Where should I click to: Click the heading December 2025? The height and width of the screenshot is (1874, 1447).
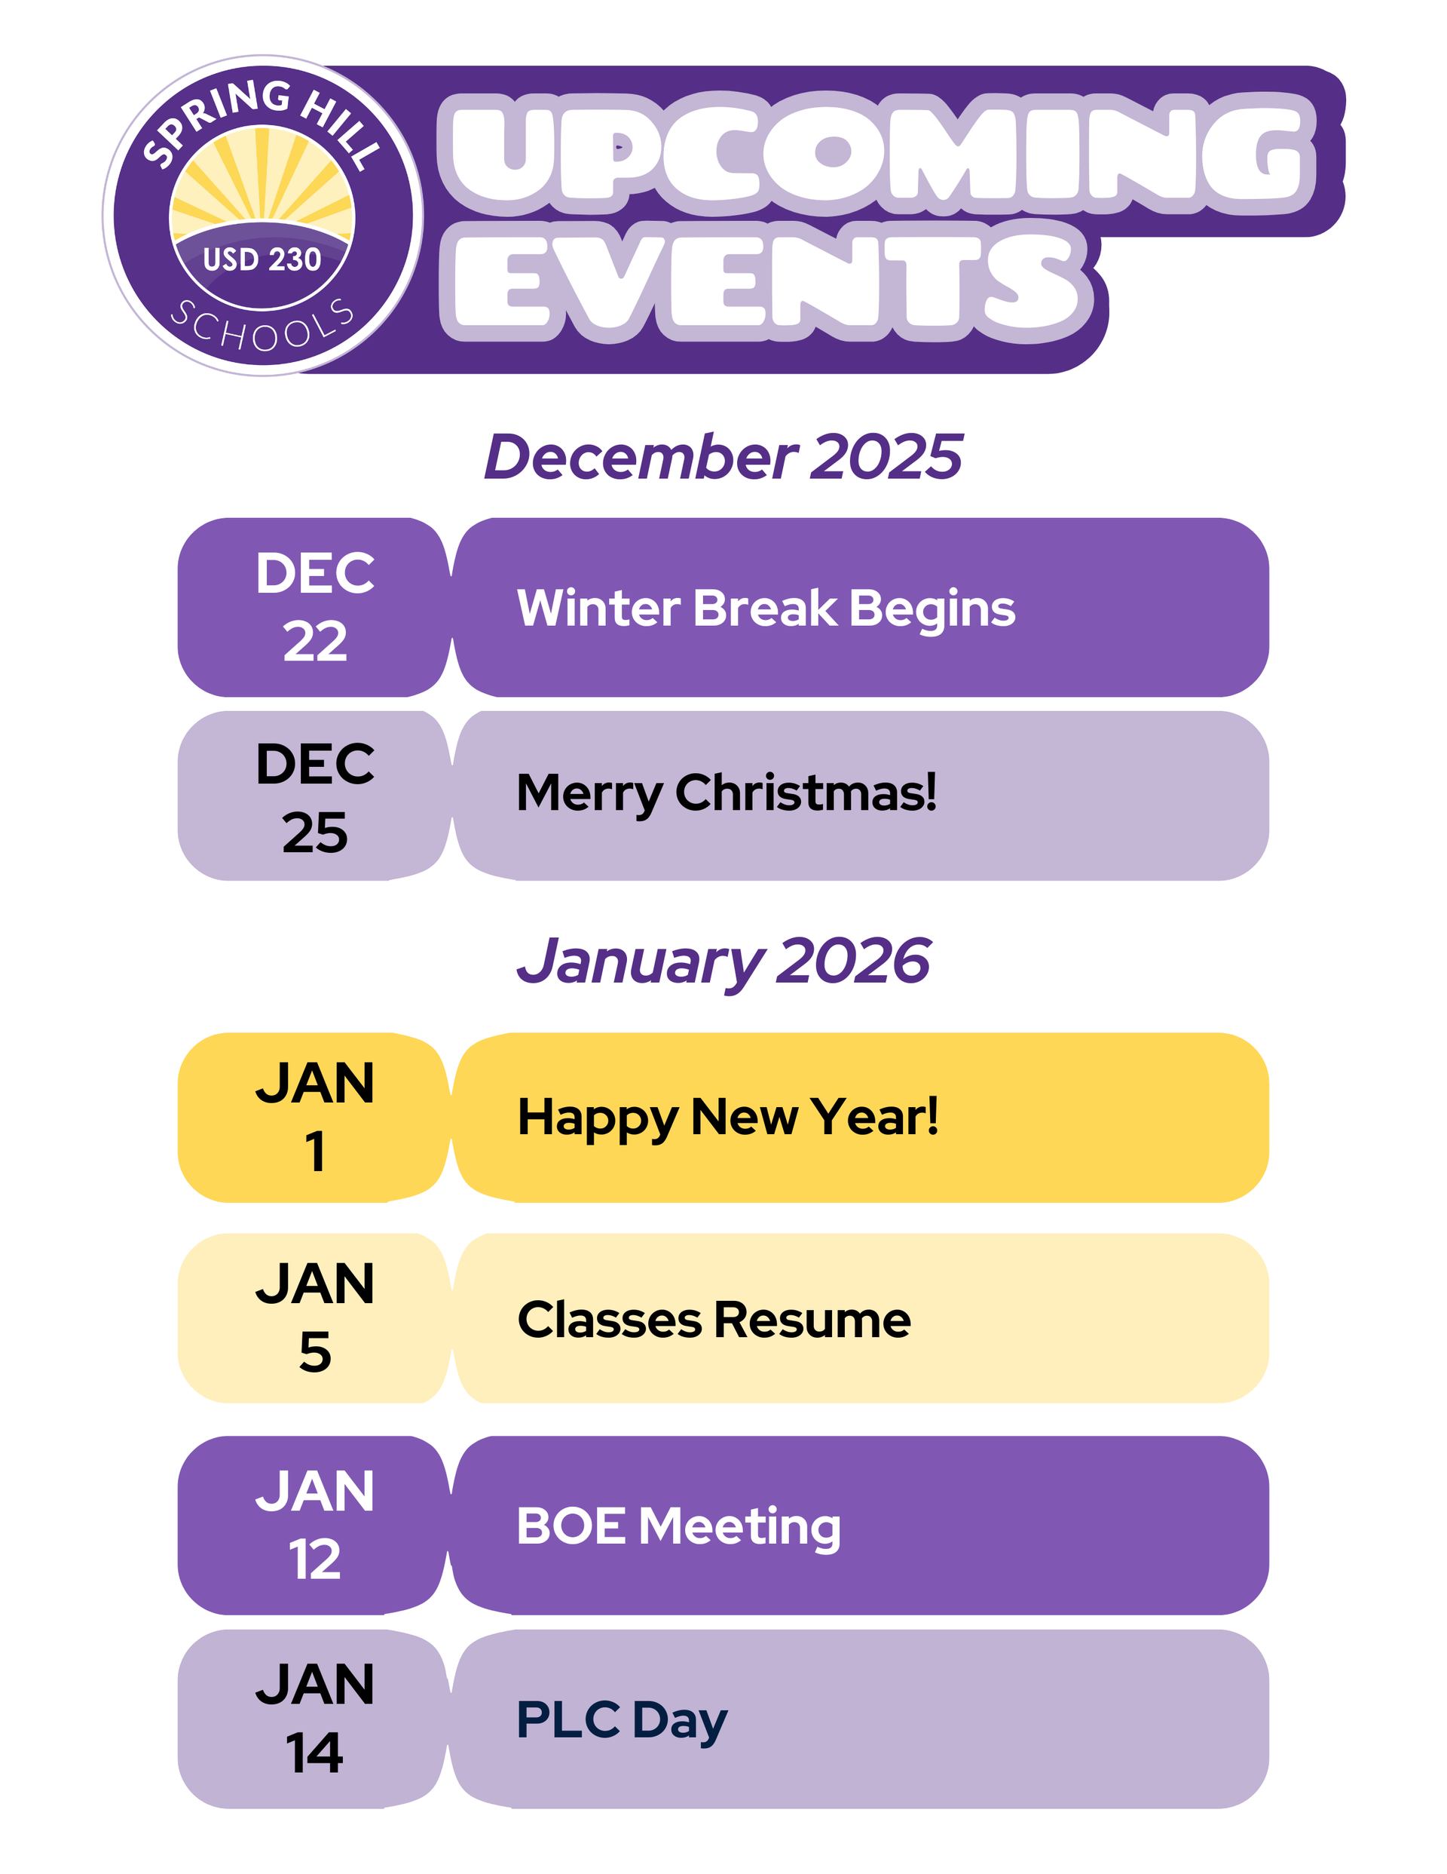point(723,456)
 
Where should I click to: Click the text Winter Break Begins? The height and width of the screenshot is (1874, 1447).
point(766,610)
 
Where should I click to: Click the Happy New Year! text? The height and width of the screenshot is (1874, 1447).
point(728,1119)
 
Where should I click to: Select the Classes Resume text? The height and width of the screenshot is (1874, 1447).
point(714,1320)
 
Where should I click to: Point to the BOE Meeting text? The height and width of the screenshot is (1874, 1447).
point(678,1528)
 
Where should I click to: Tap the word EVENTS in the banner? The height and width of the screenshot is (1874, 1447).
point(768,281)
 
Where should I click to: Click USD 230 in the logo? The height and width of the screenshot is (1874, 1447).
point(262,260)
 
